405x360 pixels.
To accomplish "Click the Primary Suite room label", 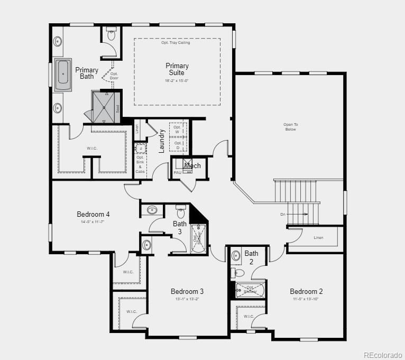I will pos(177,69).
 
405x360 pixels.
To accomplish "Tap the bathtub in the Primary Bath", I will pos(63,75).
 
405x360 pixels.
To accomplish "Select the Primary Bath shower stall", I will pos(104,107).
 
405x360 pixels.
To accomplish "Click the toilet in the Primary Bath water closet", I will pos(111,35).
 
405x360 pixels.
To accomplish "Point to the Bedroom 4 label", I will pos(93,214).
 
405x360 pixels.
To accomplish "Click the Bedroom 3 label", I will pos(187,291).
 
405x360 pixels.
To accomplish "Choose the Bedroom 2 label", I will pos(306,291).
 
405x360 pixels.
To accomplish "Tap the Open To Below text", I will pos(290,127).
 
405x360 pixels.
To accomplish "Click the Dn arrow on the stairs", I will pos(299,214).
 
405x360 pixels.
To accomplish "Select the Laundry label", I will pos(162,141).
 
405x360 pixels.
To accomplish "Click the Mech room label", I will pos(192,166).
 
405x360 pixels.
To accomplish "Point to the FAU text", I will pos(178,173).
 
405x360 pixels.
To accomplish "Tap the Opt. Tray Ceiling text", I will pos(176,43).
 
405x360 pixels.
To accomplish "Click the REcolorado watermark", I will pos(383,354).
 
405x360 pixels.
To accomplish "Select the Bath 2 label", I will pos(251,257).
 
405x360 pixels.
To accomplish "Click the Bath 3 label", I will pos(180,228).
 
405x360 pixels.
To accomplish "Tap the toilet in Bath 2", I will pos(238,273).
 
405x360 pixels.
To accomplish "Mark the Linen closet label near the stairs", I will pos(318,238).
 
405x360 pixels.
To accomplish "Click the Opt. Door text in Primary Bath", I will pos(114,76).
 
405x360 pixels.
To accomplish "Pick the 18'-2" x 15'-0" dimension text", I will pos(177,80).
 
